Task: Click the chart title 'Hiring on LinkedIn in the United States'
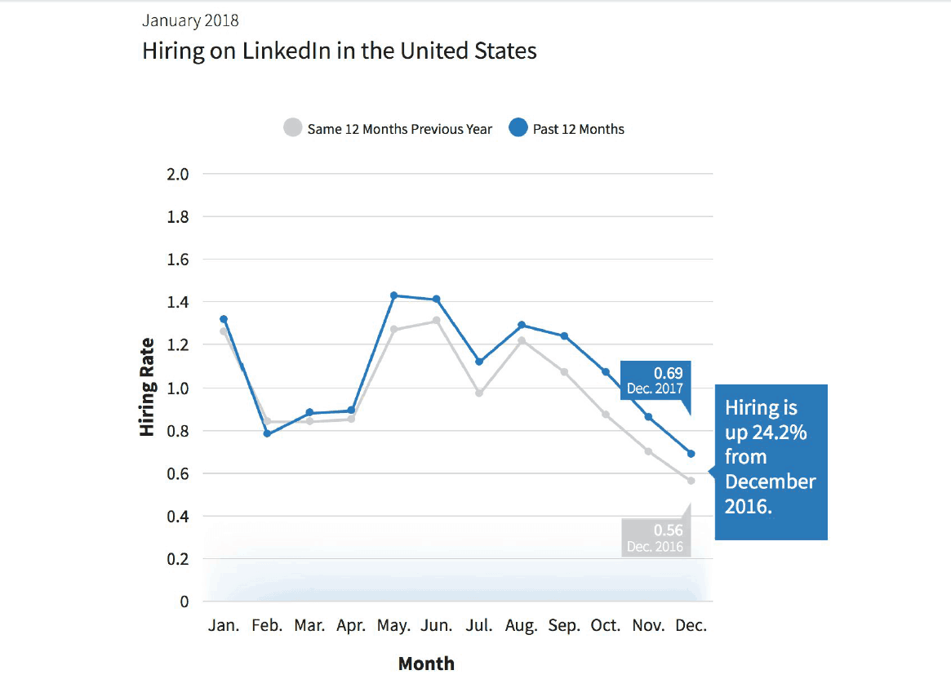pyautogui.click(x=340, y=51)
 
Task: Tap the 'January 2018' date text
pyautogui.click(x=190, y=20)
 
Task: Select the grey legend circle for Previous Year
pyautogui.click(x=292, y=129)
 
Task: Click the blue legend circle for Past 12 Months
pyautogui.click(x=518, y=129)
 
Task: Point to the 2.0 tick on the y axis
pyautogui.click(x=178, y=174)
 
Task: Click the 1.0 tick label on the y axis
pyautogui.click(x=178, y=388)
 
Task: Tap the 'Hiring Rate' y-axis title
pyautogui.click(x=147, y=387)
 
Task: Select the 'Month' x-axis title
pyautogui.click(x=426, y=664)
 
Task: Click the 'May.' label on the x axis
pyautogui.click(x=393, y=626)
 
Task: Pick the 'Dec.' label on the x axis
pyautogui.click(x=691, y=626)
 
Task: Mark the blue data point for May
pyautogui.click(x=393, y=295)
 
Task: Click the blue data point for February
pyautogui.click(x=266, y=433)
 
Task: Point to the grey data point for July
pyautogui.click(x=479, y=393)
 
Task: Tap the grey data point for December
pyautogui.click(x=691, y=481)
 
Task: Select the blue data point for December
pyautogui.click(x=691, y=454)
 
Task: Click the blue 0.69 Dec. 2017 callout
pyautogui.click(x=655, y=380)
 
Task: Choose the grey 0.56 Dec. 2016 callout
pyautogui.click(x=655, y=538)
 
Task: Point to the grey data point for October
pyautogui.click(x=606, y=414)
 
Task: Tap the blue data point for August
pyautogui.click(x=522, y=325)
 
